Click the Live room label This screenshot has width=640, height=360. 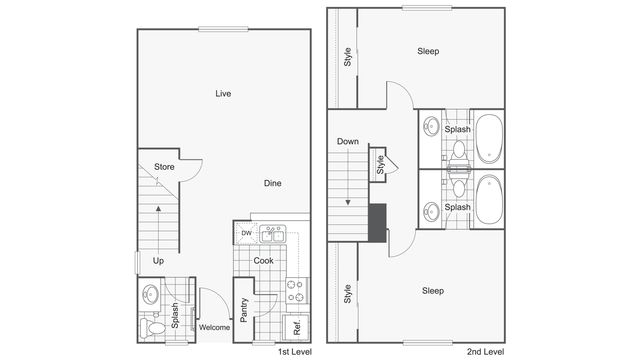pyautogui.click(x=223, y=94)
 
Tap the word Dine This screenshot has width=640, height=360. pyautogui.click(x=272, y=183)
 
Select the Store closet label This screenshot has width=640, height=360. pyautogui.click(x=164, y=167)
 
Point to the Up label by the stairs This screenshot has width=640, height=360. pyautogui.click(x=158, y=261)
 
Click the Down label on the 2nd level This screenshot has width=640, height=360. pyautogui.click(x=347, y=141)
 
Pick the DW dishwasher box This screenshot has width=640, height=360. pyautogui.click(x=246, y=234)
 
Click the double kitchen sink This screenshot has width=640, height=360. pyautogui.click(x=272, y=234)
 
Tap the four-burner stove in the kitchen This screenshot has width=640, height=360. pyautogui.click(x=296, y=290)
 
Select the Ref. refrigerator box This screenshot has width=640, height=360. pyautogui.click(x=297, y=325)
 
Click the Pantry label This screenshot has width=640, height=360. pyautogui.click(x=244, y=309)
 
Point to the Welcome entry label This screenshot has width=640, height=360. pyautogui.click(x=214, y=327)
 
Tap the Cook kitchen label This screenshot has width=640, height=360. pyautogui.click(x=263, y=261)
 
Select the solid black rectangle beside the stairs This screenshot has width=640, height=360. pyautogui.click(x=378, y=222)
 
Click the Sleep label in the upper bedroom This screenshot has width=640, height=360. pyautogui.click(x=428, y=51)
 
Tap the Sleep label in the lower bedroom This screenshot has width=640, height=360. pyautogui.click(x=432, y=291)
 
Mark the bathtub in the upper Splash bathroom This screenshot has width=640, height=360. pyautogui.click(x=489, y=139)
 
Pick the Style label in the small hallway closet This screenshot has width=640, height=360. pyautogui.click(x=381, y=164)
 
